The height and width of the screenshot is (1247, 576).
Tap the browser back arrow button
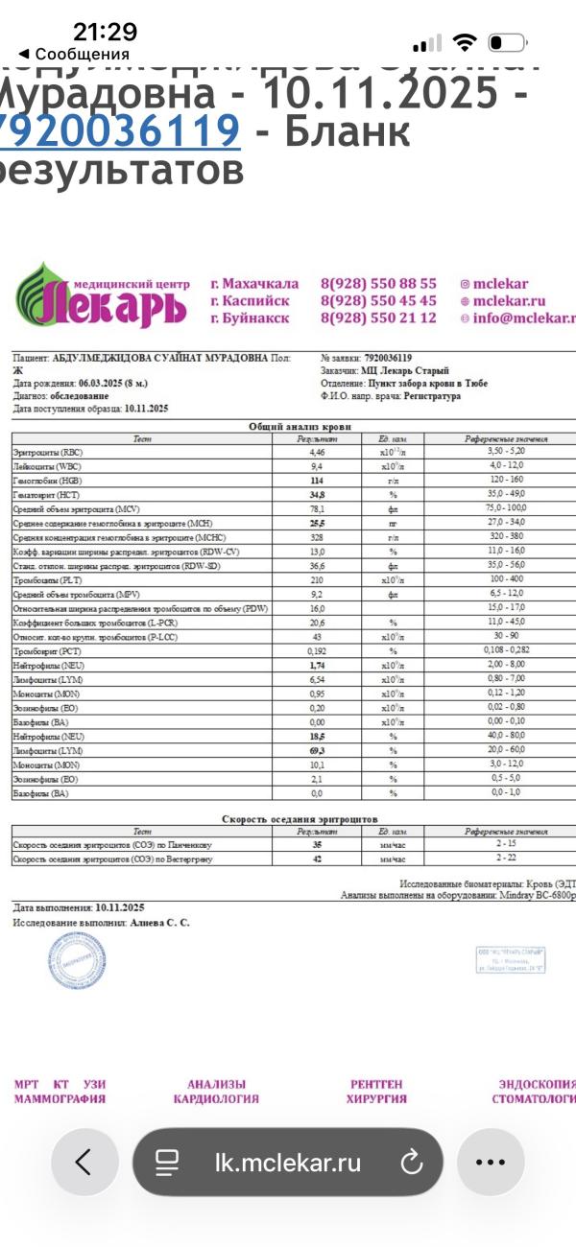point(84,1162)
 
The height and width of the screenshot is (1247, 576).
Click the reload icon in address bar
point(411,1163)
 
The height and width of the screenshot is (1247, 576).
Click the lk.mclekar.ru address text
point(288,1163)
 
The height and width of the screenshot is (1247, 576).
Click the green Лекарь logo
point(100,297)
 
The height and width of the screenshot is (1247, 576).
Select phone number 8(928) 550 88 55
point(378,284)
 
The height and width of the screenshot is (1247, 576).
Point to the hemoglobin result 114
point(317,480)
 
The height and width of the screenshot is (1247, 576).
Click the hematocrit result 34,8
point(317,494)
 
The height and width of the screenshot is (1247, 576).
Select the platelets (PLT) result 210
point(317,580)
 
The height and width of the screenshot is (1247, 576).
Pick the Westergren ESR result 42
point(317,859)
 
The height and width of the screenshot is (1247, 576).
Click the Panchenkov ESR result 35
point(317,845)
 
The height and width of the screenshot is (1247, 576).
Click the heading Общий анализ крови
point(300,425)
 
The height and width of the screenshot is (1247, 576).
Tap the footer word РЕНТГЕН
point(376,1084)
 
